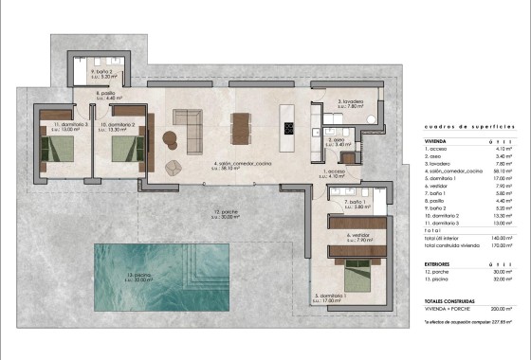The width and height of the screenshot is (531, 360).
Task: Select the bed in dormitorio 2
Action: pos(122,148)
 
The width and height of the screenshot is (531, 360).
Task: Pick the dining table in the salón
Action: pos(243,128)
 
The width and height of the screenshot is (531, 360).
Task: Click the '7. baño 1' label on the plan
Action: pos(356,203)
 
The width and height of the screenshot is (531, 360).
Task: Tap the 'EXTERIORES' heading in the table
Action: pos(437,264)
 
